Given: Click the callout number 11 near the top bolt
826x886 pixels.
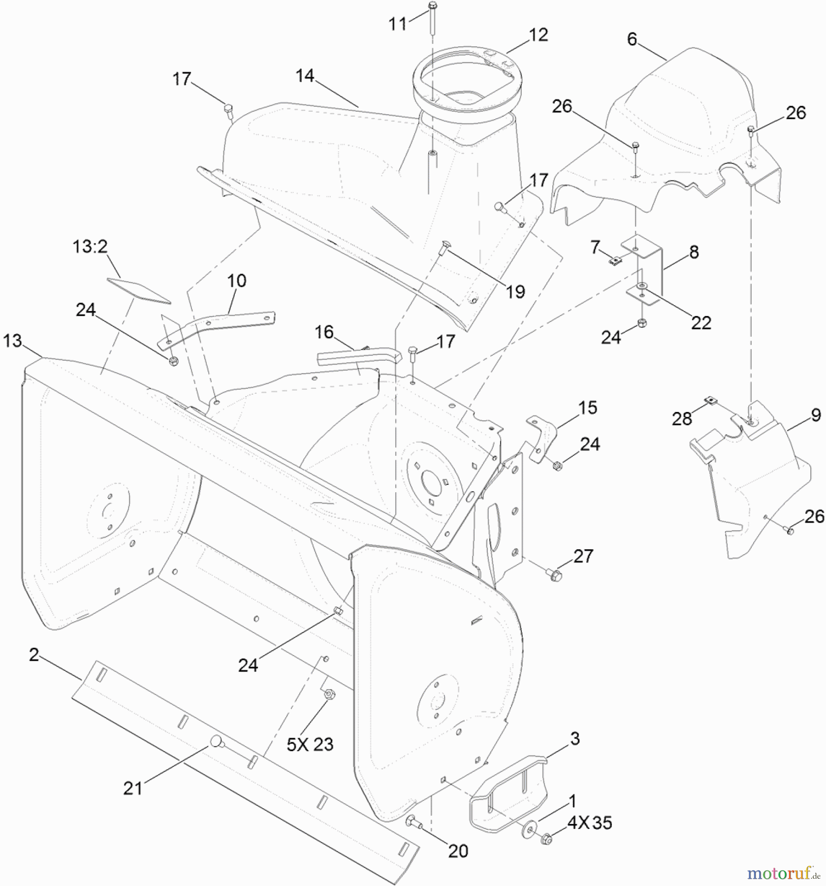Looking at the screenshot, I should click(x=398, y=24).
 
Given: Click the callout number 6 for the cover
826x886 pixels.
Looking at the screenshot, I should click(x=632, y=39).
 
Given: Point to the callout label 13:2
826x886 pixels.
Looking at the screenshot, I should click(x=90, y=247).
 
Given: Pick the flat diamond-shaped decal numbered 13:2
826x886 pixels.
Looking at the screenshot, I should click(x=138, y=290).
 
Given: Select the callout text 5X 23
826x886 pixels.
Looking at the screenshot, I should click(x=310, y=744).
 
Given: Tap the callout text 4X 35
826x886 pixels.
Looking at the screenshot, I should click(x=589, y=823).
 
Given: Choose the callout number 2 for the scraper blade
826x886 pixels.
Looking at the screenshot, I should click(x=34, y=655).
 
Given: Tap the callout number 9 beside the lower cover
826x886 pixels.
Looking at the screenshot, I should click(x=816, y=415).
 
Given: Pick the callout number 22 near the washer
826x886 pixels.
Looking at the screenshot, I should click(x=700, y=323).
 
